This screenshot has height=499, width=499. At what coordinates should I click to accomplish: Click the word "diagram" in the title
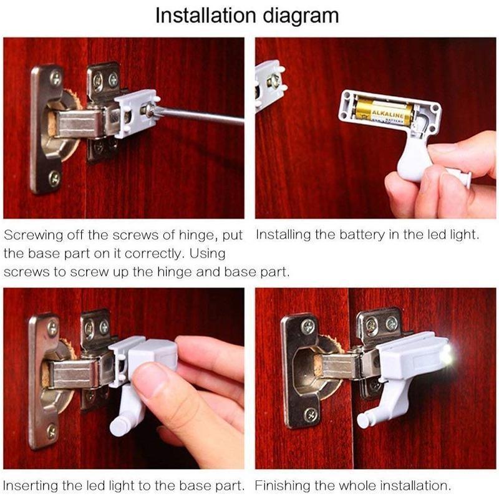[x=301, y=16]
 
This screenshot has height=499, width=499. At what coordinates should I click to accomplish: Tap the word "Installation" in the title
[x=206, y=15]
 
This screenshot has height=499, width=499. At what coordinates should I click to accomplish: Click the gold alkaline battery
[x=384, y=111]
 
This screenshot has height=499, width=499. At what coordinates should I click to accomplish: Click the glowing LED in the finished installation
[x=447, y=354]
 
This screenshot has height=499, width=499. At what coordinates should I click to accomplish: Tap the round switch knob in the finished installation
[x=365, y=420]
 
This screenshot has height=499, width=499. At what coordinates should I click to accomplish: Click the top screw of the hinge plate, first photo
[x=55, y=77]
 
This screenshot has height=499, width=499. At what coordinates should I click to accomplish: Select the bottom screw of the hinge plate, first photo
[x=54, y=179]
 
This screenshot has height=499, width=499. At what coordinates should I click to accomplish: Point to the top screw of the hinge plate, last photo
[x=308, y=326]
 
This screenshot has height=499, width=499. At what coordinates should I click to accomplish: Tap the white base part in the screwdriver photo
[x=136, y=113]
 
